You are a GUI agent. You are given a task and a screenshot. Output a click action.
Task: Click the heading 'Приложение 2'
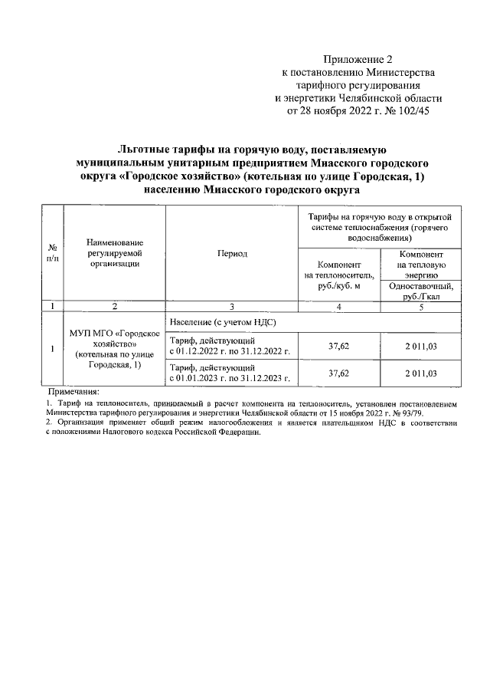358,59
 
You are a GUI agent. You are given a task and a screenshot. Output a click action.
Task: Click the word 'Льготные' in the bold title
146,151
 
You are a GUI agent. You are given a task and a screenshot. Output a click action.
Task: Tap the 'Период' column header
231,253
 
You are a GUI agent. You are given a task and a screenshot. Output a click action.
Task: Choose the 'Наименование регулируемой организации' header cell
114,253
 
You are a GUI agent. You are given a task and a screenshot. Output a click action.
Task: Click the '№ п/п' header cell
53,253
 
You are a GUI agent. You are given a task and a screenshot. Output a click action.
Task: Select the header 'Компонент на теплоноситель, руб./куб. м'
338,274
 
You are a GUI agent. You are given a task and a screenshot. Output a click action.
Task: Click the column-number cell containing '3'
231,306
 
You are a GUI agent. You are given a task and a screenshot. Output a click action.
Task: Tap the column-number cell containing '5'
421,306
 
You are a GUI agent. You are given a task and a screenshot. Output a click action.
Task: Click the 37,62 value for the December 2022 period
338,347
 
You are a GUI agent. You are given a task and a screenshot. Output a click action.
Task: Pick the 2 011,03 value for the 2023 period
421,373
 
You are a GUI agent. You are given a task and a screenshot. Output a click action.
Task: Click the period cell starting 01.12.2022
231,347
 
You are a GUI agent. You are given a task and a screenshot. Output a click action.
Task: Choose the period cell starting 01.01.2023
231,373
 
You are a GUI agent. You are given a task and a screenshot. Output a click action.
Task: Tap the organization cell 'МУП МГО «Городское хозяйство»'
114,349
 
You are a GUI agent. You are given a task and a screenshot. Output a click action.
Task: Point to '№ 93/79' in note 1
410,413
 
